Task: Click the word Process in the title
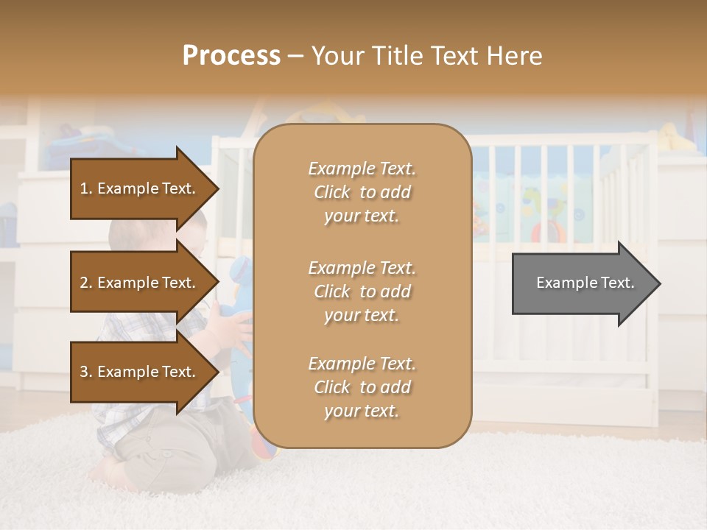pos(231,56)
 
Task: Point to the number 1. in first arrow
pos(86,188)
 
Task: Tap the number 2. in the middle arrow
pos(86,283)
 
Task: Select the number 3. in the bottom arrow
pos(86,372)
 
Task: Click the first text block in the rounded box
pos(362,192)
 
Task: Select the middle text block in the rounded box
pos(362,291)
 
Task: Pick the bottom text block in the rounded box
pos(362,387)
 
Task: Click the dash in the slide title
pos(296,57)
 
